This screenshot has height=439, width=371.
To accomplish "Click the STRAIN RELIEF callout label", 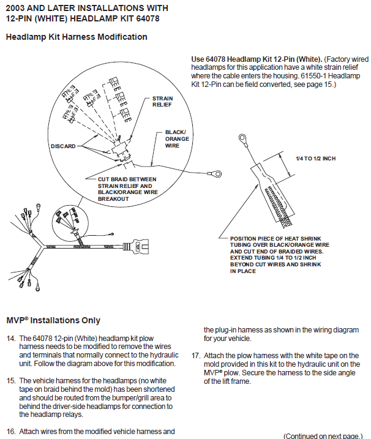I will click(x=162, y=101).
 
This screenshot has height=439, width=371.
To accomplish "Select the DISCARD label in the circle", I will click(x=63, y=146).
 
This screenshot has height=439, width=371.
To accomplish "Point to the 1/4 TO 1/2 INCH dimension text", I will click(x=315, y=159).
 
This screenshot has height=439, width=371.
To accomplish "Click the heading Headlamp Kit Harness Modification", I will click(x=77, y=37).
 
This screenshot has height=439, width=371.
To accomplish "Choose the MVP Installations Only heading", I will click(x=53, y=320).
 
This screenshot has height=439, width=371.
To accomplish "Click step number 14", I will click(x=11, y=338).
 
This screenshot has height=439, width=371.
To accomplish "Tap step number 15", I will click(x=11, y=381).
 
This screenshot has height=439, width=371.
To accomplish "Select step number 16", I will click(x=11, y=432).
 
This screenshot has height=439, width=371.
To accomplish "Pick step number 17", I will click(x=196, y=355).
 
